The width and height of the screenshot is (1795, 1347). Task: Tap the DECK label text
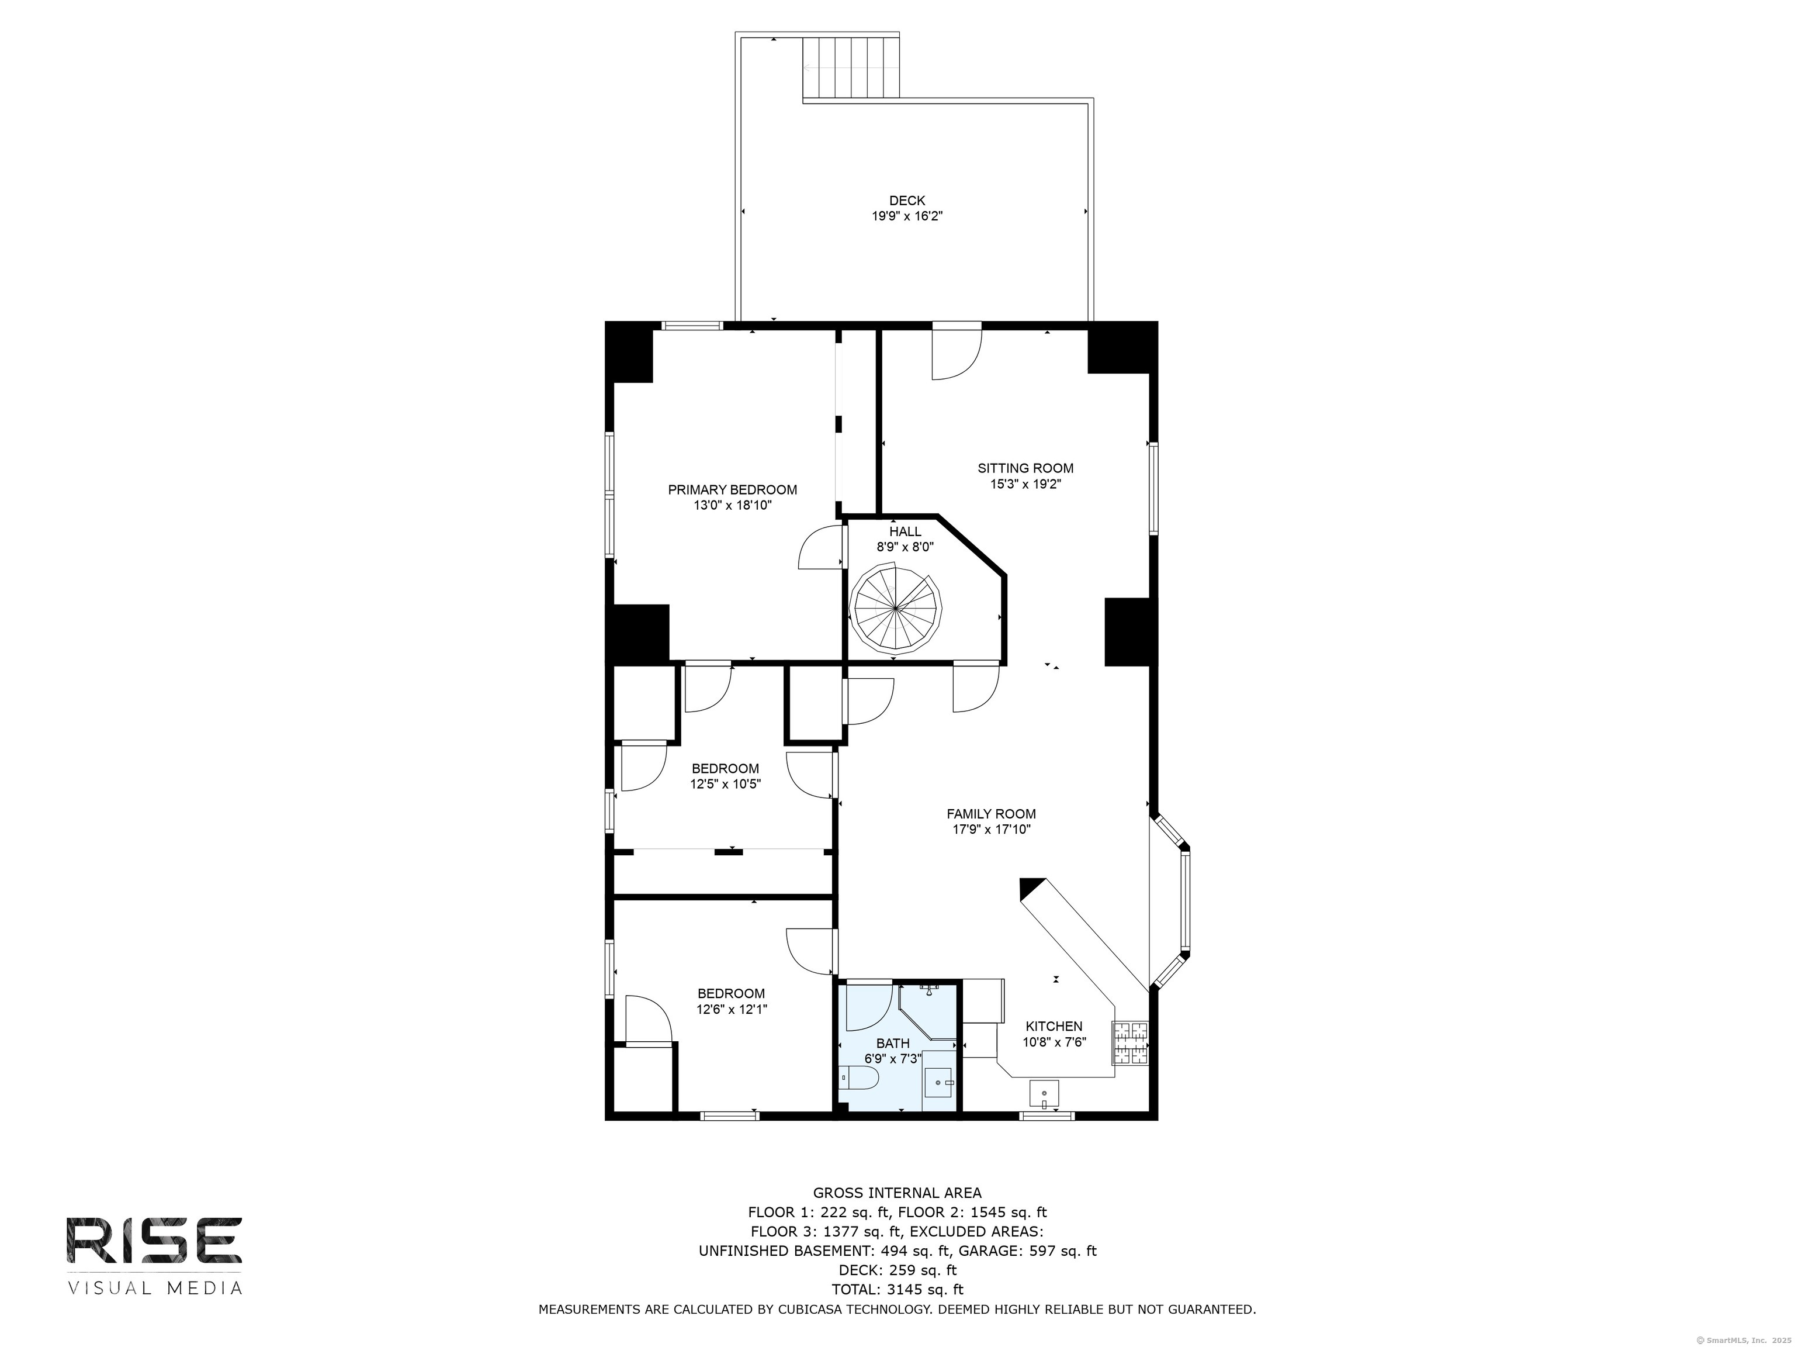click(906, 201)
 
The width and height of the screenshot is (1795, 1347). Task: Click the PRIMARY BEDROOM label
click(732, 489)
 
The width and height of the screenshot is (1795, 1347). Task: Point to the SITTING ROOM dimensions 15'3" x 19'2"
click(1025, 484)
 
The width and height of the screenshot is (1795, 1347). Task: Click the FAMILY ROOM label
click(991, 814)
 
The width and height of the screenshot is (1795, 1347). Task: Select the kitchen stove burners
click(1131, 1044)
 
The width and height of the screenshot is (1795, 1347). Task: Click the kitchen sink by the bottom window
click(1044, 1094)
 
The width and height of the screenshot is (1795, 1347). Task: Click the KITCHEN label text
click(1054, 1026)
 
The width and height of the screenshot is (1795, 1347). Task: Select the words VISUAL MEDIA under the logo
click(154, 1288)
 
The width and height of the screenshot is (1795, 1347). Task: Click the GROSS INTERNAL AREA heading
click(897, 1193)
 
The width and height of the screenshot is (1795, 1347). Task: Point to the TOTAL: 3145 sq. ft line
click(897, 1289)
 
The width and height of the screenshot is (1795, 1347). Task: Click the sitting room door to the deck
click(957, 351)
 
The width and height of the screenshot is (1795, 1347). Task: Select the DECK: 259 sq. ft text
click(897, 1270)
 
